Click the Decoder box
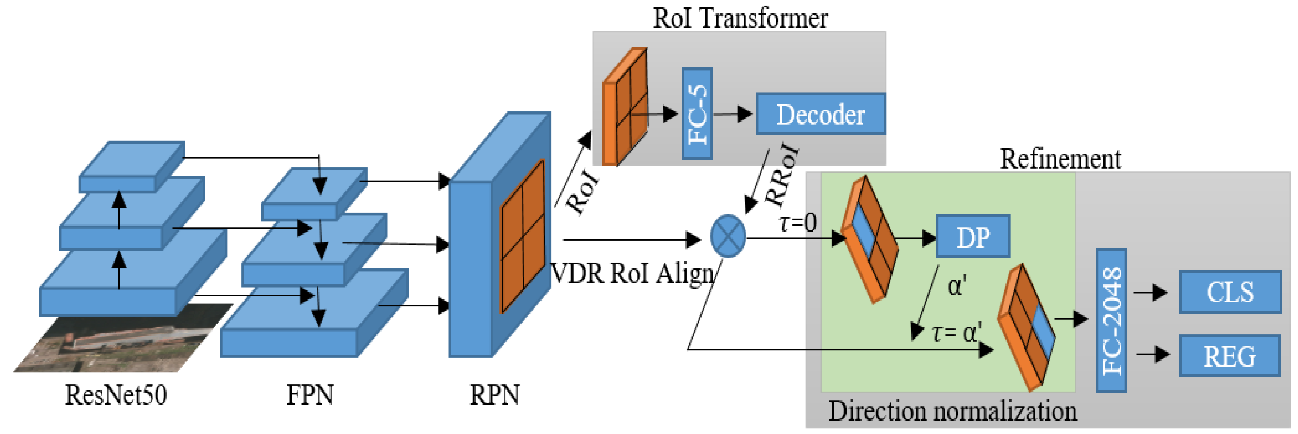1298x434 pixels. pos(820,114)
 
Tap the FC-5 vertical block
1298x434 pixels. pos(697,114)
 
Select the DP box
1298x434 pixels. pos(973,236)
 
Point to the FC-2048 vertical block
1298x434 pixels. pos(1111,321)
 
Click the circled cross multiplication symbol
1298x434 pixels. pos(727,236)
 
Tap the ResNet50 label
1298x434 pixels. pos(116,395)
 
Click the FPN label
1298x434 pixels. pos(310,395)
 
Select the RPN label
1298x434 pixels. pos(494,395)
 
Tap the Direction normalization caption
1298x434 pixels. pos(953,411)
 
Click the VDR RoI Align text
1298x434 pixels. pos(633,274)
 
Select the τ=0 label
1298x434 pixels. pos(798,222)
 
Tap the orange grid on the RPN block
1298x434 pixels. pos(522,236)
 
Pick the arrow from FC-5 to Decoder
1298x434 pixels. pos(733,114)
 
